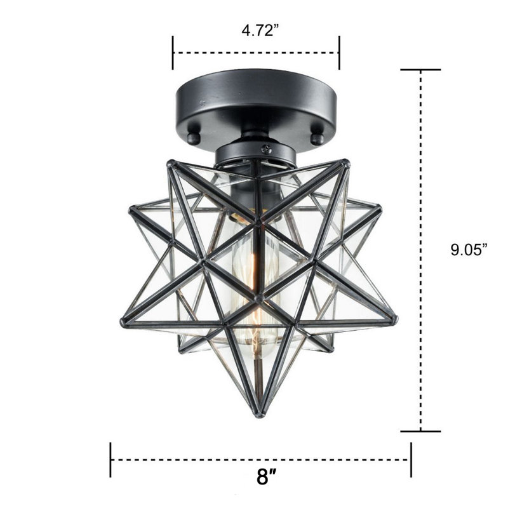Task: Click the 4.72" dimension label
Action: click(260, 30)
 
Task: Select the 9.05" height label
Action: click(469, 250)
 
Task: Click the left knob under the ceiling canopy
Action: click(194, 138)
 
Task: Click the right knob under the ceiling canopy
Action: click(317, 138)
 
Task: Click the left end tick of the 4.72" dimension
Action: click(173, 53)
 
